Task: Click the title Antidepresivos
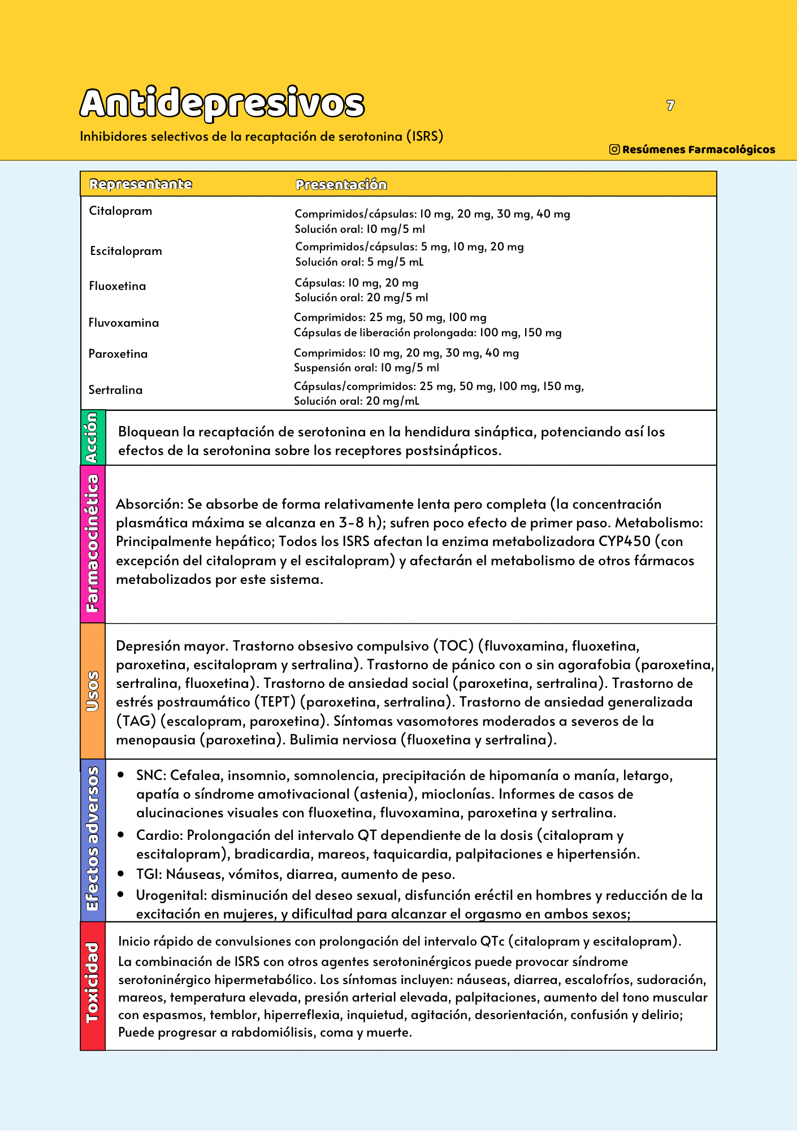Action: (222, 103)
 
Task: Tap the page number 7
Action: (670, 106)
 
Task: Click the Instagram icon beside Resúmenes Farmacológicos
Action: (614, 149)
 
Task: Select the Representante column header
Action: (141, 184)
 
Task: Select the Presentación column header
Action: (341, 185)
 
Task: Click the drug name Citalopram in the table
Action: (120, 211)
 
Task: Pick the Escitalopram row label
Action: (125, 251)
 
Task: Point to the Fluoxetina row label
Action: (117, 286)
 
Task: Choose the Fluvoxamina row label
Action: (123, 323)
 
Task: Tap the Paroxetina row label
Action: (118, 354)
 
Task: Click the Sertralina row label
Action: (115, 390)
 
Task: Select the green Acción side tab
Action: (93, 437)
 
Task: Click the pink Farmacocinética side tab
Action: (93, 544)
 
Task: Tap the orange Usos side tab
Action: (93, 691)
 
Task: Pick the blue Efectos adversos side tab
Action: (93, 839)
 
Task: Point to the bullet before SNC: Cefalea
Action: (121, 775)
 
